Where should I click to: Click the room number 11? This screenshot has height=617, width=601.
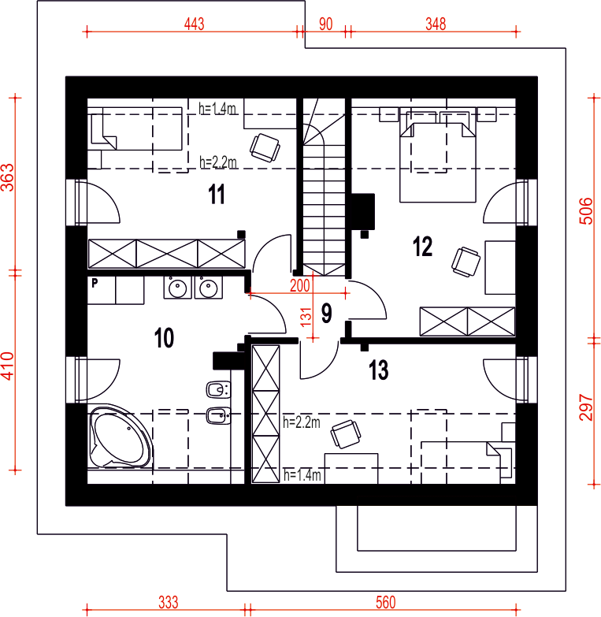click(x=217, y=194)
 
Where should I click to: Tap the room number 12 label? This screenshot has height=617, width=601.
click(x=422, y=247)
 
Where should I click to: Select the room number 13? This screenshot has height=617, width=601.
click(x=378, y=370)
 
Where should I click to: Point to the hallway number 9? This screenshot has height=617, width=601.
click(x=326, y=313)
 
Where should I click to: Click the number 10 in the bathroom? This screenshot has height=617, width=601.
click(x=164, y=337)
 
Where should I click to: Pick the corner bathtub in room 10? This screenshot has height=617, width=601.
click(x=120, y=436)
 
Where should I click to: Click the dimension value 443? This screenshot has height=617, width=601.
click(x=195, y=24)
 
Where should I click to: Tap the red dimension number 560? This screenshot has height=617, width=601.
click(x=385, y=603)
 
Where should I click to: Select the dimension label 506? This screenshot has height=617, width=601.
click(x=586, y=211)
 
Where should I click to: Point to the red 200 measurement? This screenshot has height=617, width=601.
click(x=300, y=286)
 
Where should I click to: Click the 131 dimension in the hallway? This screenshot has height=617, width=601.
click(x=306, y=317)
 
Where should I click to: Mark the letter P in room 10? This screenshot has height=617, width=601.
click(x=95, y=283)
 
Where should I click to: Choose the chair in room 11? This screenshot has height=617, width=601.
click(x=265, y=148)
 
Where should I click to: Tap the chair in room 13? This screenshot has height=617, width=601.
click(x=346, y=434)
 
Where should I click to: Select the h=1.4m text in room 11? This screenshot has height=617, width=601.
click(x=217, y=109)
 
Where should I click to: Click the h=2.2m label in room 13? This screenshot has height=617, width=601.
click(x=301, y=422)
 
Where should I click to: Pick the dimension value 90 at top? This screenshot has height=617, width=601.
click(x=325, y=24)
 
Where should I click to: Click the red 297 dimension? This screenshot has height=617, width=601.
click(x=586, y=407)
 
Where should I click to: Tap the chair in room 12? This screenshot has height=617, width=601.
click(x=466, y=262)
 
